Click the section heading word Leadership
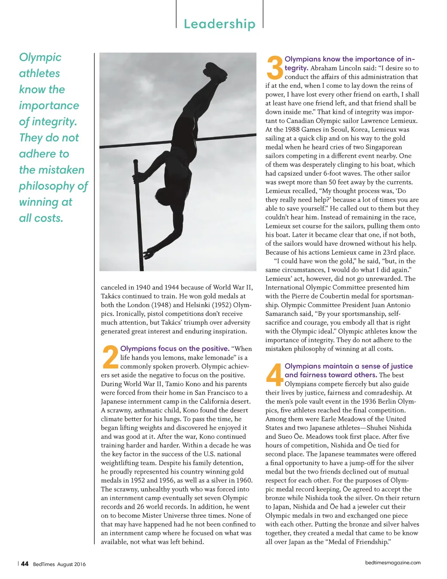coord(220,24)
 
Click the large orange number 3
coord(275,68)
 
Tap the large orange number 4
coord(275,375)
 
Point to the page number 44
coord(25,564)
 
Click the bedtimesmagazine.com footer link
coord(393,562)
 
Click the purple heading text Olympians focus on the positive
coord(175,348)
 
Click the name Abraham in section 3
coord(323,68)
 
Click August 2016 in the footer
coord(72,564)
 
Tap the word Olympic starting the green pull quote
coord(40,57)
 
